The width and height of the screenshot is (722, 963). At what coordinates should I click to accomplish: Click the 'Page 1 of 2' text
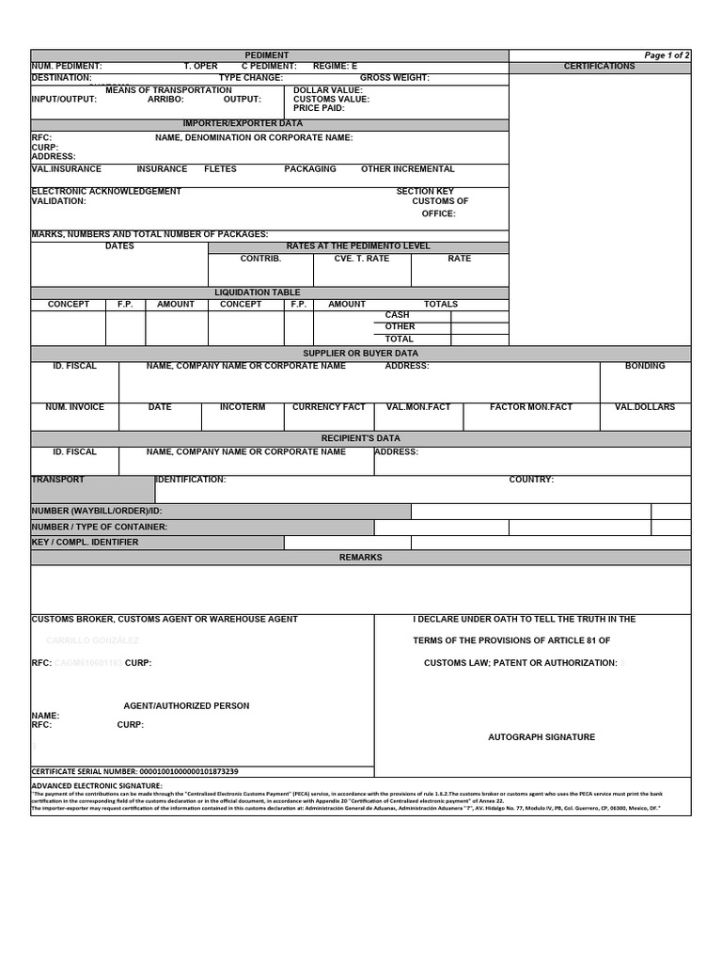667,55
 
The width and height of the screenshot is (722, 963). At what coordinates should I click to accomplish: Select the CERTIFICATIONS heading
599,66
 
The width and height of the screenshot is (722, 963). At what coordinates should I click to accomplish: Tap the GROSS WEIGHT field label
395,78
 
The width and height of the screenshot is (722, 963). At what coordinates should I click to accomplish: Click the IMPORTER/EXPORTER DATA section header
243,123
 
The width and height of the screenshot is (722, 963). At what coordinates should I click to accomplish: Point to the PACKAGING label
310,169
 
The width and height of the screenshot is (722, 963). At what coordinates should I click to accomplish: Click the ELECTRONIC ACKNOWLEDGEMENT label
106,191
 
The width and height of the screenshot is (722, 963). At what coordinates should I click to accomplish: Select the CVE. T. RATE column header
361,258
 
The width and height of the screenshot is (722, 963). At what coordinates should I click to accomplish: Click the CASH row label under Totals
398,315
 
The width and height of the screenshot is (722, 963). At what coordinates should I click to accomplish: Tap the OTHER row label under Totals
400,326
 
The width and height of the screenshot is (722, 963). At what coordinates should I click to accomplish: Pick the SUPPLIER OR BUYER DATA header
360,354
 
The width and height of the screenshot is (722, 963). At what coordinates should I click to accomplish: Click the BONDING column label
644,366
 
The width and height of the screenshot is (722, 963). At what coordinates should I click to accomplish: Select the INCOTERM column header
243,407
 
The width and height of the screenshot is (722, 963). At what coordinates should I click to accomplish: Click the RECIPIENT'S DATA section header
360,438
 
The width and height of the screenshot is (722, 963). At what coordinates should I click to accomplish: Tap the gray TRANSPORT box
92,489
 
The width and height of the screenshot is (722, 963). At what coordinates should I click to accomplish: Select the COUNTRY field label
531,480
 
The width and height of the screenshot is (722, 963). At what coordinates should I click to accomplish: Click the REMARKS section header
360,558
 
